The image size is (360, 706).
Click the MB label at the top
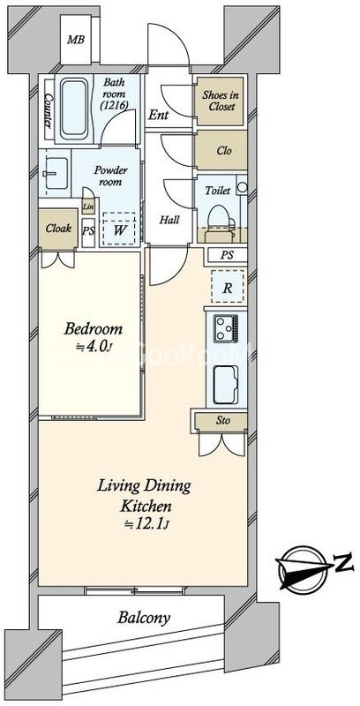coord(76,40)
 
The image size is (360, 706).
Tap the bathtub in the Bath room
coord(74,109)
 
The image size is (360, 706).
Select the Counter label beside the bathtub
coord(49,110)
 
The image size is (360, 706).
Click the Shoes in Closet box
coord(220,101)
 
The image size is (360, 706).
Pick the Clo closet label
coord(224,151)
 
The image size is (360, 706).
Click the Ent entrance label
coord(159,116)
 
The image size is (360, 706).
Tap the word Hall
coord(169,220)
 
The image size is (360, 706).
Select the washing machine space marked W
coord(119,229)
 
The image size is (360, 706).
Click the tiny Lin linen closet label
coord(88,207)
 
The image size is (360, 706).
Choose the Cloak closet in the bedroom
coord(58,229)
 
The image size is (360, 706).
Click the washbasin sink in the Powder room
coord(56,173)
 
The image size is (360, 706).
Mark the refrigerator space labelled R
coord(228,287)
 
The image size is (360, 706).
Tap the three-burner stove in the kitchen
coord(226,327)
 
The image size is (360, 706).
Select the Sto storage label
coord(223,421)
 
